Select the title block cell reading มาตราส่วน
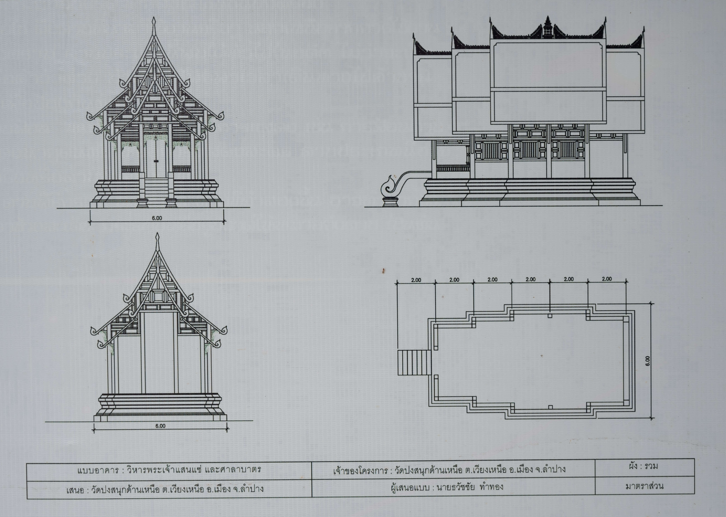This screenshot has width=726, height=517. click(x=645, y=486)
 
